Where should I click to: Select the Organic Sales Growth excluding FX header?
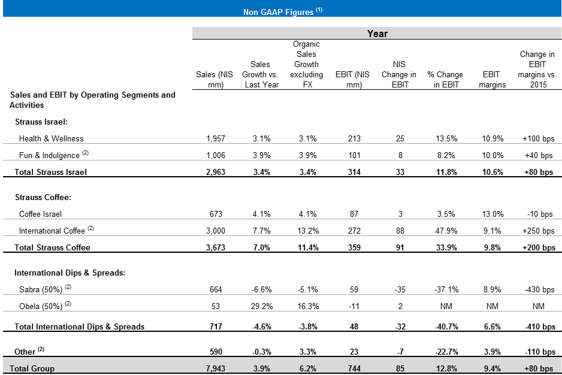[306, 64]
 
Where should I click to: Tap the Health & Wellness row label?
[51, 138]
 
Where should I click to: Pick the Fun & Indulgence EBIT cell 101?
[353, 155]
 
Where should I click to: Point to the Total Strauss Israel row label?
[50, 173]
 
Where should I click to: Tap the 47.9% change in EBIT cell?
[445, 231]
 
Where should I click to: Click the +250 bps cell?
[538, 231]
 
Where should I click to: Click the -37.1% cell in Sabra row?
[445, 289]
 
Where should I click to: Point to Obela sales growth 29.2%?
[260, 306]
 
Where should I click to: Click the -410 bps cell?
[538, 326]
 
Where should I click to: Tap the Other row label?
[25, 352]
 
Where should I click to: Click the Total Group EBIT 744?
[353, 368]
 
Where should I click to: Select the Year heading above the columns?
[377, 34]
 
